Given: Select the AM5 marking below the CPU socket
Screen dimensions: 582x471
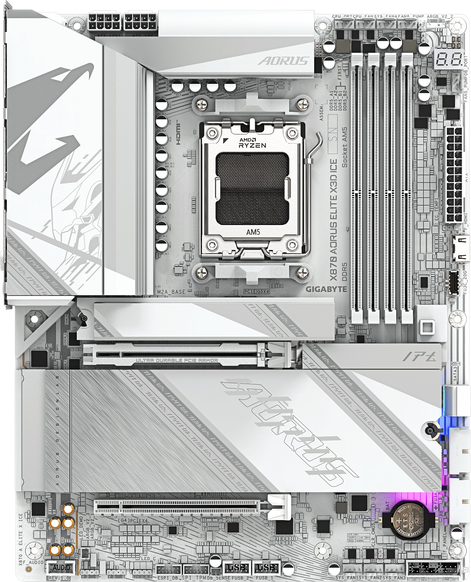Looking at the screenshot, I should (x=253, y=232).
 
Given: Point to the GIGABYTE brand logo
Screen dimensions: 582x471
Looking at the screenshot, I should (x=326, y=289).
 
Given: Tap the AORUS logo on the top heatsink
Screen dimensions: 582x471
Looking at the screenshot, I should (x=283, y=61).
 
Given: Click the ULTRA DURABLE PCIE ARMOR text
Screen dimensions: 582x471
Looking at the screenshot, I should (x=177, y=360).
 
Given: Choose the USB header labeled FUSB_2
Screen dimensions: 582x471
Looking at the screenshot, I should (x=236, y=568).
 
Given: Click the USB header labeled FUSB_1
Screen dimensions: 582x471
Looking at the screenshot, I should (x=266, y=568).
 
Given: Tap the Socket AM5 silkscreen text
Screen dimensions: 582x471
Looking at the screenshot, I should (x=344, y=147).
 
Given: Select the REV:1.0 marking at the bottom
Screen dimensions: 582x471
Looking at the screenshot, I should (x=59, y=578).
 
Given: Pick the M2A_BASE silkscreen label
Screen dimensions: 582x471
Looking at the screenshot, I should (x=171, y=292).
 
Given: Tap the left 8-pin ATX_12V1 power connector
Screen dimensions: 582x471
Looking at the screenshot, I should (x=104, y=22).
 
